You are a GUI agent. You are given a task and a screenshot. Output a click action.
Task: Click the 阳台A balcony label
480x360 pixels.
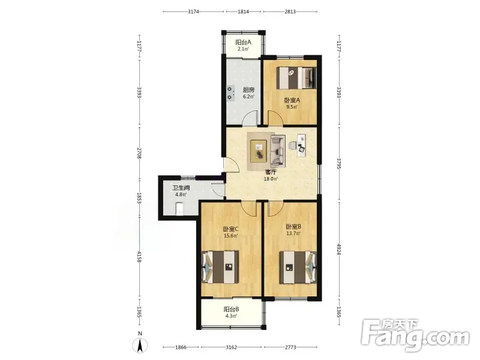pos(243,42)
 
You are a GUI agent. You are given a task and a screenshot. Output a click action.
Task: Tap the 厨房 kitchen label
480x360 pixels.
pos(248,90)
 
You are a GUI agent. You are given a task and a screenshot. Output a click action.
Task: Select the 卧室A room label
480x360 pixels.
pos(292,100)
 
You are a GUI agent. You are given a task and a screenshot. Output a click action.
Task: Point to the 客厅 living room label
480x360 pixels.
pos(271,172)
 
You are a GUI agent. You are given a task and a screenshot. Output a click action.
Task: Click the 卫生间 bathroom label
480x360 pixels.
pos(181,188)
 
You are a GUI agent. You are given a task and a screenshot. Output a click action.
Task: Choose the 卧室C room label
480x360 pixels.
pos(231,229)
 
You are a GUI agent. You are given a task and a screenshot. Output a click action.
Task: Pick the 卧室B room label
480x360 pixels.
pos(293,227)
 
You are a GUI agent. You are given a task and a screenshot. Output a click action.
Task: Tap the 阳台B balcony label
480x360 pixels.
pos(231,309)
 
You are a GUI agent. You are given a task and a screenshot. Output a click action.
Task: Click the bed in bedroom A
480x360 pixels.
pos(296,78)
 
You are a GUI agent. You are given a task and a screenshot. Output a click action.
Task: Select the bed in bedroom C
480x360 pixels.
pos(220,267)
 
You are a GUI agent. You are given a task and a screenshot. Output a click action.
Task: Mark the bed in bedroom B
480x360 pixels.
pos(298,267)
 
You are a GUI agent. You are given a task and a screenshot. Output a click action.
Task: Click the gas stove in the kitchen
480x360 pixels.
pos(230,94)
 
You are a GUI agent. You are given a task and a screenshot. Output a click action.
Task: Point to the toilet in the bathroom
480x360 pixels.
pos(179,208)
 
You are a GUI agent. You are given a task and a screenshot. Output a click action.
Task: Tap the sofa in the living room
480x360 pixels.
pos(278,151)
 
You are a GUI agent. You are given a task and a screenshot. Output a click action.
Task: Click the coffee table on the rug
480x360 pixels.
pos(259,151)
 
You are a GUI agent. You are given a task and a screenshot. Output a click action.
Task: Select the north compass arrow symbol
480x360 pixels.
pos(140,346)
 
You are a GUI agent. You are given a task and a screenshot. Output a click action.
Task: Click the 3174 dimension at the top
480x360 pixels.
pos(193,11)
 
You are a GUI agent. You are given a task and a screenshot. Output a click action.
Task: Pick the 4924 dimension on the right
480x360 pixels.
pos(338,250)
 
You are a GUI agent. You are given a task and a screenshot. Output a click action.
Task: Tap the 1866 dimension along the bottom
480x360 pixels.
pos(181,347)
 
